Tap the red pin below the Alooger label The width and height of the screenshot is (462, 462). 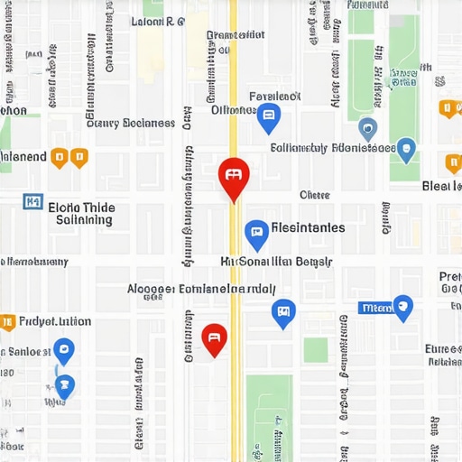[x=214, y=338]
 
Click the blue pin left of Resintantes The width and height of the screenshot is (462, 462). [x=256, y=234]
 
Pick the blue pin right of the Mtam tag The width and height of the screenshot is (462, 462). [x=402, y=308]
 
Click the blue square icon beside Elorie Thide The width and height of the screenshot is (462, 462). [x=33, y=201]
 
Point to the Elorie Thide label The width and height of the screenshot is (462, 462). [x=81, y=207]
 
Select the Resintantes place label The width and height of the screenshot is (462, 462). [x=308, y=227]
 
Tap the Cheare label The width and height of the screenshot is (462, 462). [x=315, y=195]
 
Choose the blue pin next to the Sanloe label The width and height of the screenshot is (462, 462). [x=63, y=350]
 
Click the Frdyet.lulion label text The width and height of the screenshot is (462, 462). [x=55, y=321]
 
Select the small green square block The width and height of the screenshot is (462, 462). [x=315, y=350]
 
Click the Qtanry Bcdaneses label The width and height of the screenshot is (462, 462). [x=130, y=123]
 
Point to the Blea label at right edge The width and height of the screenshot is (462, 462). [x=442, y=186]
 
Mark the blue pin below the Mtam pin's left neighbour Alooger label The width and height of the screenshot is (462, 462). [x=283, y=313]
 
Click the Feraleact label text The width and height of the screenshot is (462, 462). [x=274, y=96]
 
